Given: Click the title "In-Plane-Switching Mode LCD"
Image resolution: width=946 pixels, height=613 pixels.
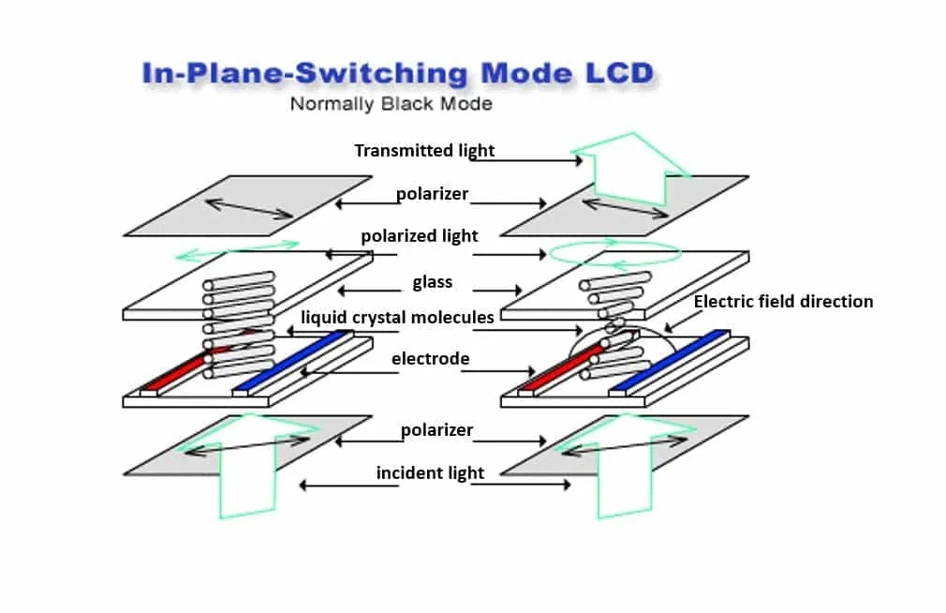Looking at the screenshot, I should [x=397, y=74].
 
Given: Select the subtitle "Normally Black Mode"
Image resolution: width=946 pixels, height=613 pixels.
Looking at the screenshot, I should [x=391, y=103].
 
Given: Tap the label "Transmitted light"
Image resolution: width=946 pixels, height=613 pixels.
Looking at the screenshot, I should [x=424, y=150].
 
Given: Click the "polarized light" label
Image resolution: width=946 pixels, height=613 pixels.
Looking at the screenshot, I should [x=420, y=235].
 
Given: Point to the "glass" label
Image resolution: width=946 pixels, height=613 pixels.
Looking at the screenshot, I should [x=432, y=281].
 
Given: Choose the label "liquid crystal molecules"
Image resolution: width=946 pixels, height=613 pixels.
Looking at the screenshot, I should [x=397, y=317].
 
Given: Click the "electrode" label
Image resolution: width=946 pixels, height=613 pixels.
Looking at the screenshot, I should [x=430, y=358].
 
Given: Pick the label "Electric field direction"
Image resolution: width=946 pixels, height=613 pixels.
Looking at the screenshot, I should [x=783, y=301].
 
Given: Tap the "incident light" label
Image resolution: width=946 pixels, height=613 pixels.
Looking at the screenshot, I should [x=430, y=472].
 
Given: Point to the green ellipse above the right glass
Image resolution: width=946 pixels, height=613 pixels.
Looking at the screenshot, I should [x=614, y=251].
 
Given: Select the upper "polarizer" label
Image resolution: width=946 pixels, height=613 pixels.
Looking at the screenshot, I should [x=432, y=194].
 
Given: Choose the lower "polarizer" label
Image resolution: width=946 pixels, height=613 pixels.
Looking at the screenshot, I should [x=436, y=430].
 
